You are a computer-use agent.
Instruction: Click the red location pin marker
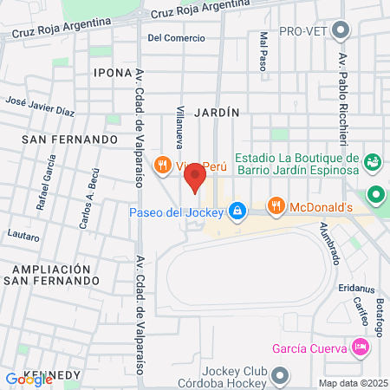pos(194,178)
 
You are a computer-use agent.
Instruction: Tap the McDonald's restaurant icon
pos(276,206)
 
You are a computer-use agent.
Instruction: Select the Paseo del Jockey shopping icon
pos(238,211)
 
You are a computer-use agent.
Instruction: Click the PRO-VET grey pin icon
pos(341,31)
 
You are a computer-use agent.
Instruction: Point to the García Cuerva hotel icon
pos(360,348)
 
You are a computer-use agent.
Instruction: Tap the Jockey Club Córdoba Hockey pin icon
pos(279,375)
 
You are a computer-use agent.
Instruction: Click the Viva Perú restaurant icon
pos(162,164)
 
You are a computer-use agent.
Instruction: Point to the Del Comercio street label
pos(176,38)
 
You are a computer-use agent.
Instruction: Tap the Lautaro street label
pos(23,237)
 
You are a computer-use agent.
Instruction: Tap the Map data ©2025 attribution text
pos(350,383)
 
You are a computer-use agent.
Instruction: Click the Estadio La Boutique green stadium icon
pos(374,162)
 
